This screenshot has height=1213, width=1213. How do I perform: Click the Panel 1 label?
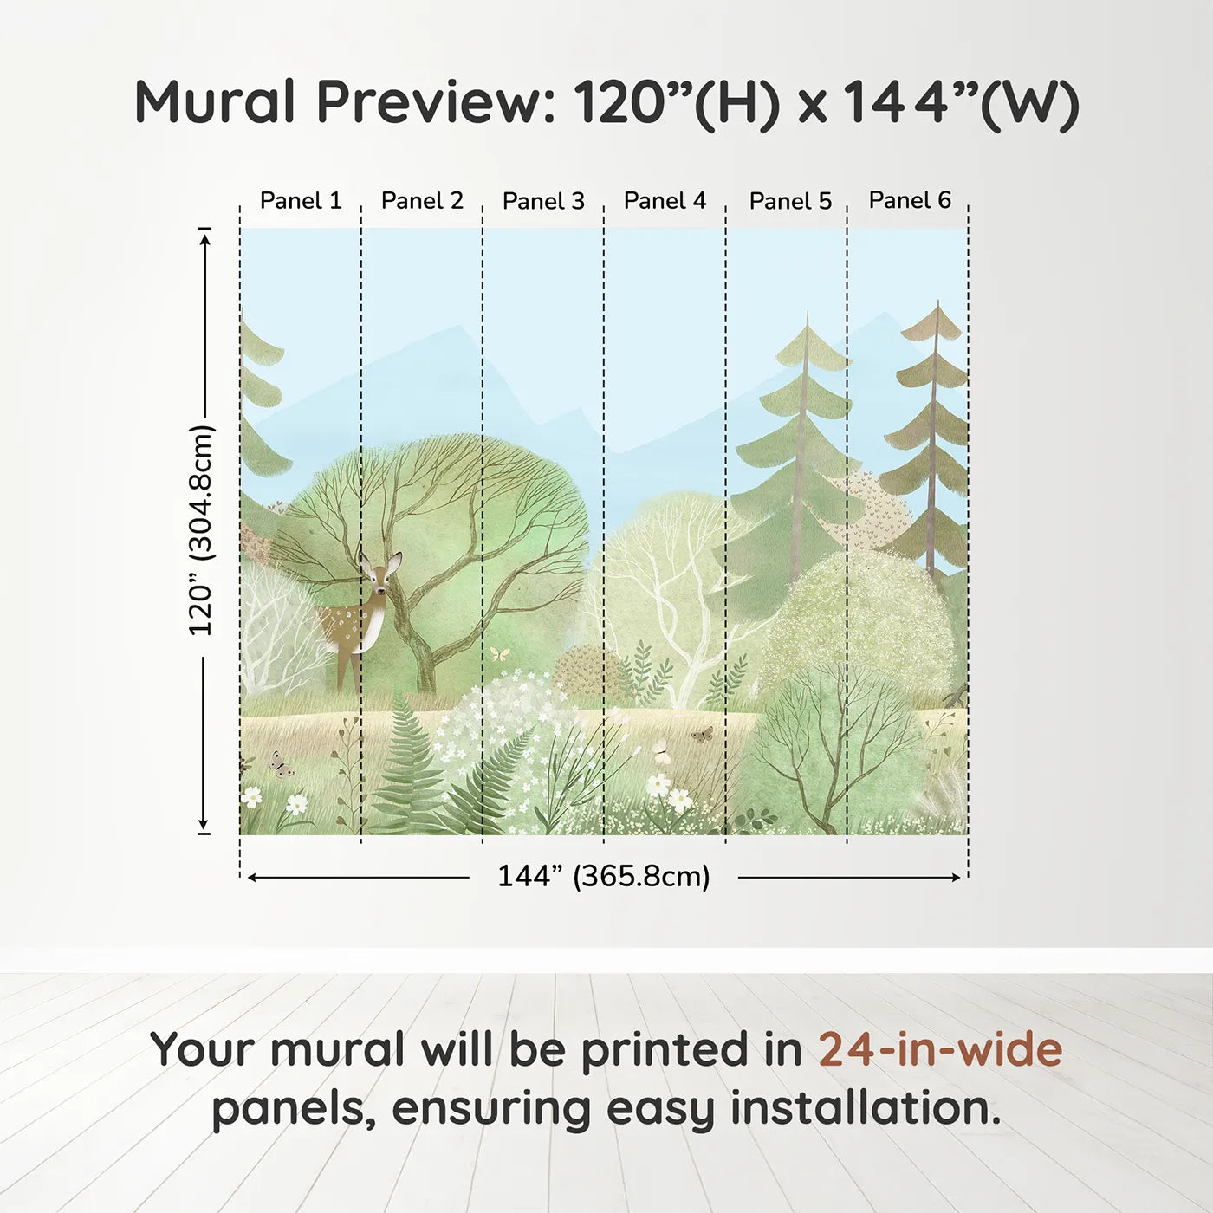pos(301,201)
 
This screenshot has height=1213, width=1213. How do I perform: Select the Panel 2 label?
pos(422,201)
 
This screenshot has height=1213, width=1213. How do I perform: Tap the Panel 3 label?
pos(543,201)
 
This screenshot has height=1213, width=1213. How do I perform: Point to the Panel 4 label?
pos(665,201)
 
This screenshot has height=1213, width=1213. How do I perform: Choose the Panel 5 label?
pos(790,201)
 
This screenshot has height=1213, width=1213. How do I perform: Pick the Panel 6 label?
pos(910,200)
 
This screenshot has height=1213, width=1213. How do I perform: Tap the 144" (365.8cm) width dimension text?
pos(604,876)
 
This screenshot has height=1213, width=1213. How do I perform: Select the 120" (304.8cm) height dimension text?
pos(202,530)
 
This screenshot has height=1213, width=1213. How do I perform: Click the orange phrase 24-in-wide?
pos(940,1048)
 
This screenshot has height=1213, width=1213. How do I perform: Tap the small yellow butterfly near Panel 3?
pos(499,654)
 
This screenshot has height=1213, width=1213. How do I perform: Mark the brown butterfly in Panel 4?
pos(702,735)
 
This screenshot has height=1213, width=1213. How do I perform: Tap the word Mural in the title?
pos(215,102)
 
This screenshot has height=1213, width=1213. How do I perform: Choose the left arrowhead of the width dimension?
pos(253,878)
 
